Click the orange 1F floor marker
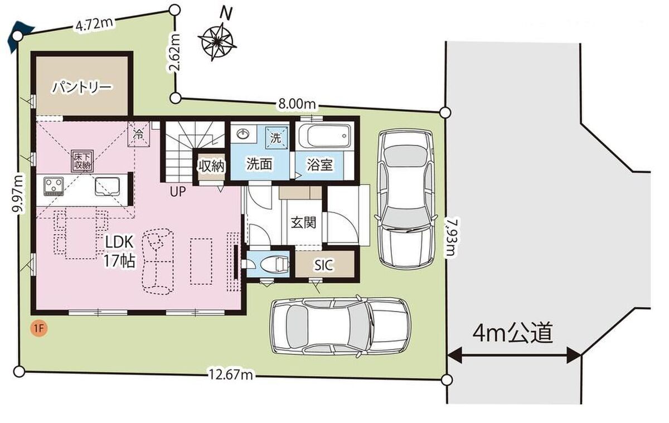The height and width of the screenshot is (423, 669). click(x=39, y=329)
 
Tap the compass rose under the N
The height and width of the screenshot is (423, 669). click(x=217, y=42)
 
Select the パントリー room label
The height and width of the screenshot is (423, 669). click(x=82, y=87)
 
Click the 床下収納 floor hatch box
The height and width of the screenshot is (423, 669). click(x=83, y=161)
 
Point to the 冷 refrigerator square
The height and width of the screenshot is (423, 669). click(x=139, y=134)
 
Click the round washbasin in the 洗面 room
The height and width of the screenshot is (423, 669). click(x=243, y=134)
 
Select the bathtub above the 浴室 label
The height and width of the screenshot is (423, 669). click(x=324, y=136)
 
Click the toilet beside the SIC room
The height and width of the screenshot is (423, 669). click(x=273, y=264)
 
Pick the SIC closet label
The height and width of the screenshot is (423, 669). click(x=324, y=265)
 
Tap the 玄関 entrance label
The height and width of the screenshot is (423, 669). click(x=303, y=222)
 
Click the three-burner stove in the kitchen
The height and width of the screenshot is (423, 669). click(x=54, y=186)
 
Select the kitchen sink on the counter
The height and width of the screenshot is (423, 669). click(x=108, y=187)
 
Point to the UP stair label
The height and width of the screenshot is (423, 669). click(x=178, y=191)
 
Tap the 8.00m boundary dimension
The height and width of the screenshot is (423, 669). click(x=297, y=104)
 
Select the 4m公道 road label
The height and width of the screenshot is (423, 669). click(x=512, y=332)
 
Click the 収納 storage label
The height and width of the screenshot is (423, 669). click(x=212, y=166)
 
